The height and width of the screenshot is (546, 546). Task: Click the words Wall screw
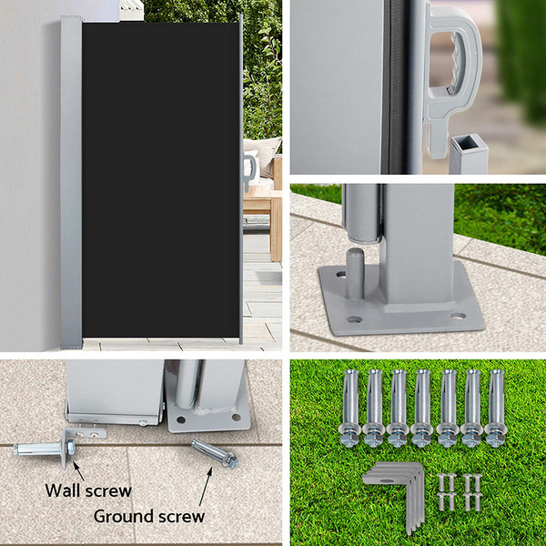pyautogui.click(x=88, y=490)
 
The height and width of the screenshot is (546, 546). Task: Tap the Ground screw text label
pyautogui.click(x=149, y=516)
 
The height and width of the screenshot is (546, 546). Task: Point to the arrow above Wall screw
pyautogui.click(x=78, y=470)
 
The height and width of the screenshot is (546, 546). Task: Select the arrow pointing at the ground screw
pyautogui.click(x=206, y=486)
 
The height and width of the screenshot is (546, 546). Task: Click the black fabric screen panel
pyautogui.click(x=161, y=180)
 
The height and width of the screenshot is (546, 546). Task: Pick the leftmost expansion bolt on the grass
pyautogui.click(x=349, y=408)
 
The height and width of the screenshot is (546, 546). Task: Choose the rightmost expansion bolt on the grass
pyautogui.click(x=496, y=408)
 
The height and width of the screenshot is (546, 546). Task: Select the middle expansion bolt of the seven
pyautogui.click(x=422, y=408)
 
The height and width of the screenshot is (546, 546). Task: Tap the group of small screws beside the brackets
pyautogui.click(x=459, y=492)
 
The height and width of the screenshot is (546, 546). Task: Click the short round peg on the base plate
pyautogui.click(x=355, y=274)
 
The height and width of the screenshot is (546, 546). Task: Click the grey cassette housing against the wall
pyautogui.click(x=71, y=183)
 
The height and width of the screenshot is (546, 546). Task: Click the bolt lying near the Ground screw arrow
pyautogui.click(x=215, y=453)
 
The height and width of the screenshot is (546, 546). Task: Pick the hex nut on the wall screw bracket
pyautogui.click(x=71, y=447)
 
